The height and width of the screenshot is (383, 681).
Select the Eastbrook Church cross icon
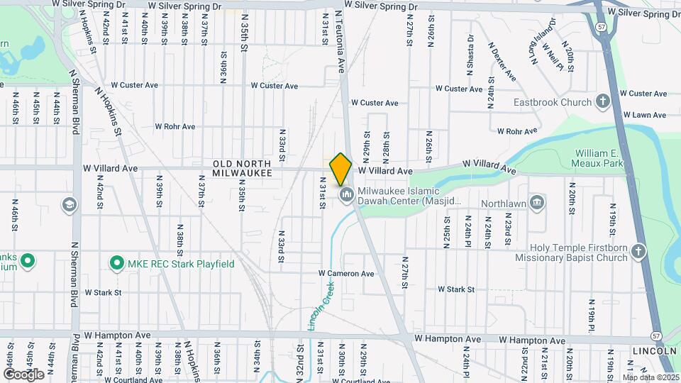coord(603,101)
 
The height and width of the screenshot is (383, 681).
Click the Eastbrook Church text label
coord(553,102)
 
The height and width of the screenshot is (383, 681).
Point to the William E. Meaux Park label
coord(599,158)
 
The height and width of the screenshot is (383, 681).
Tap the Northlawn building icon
coord(538,203)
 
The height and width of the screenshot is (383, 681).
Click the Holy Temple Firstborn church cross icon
coord(639,252)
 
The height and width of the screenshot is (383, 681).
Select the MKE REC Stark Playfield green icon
coord(117,264)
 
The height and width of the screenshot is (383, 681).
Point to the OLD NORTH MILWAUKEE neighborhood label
coord(242,168)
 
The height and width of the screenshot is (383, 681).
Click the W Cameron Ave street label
coord(345,273)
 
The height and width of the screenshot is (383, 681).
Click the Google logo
coord(23,374)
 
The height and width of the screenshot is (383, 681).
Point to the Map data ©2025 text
coord(650,377)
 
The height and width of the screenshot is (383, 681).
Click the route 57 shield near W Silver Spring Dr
coord(600,26)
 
